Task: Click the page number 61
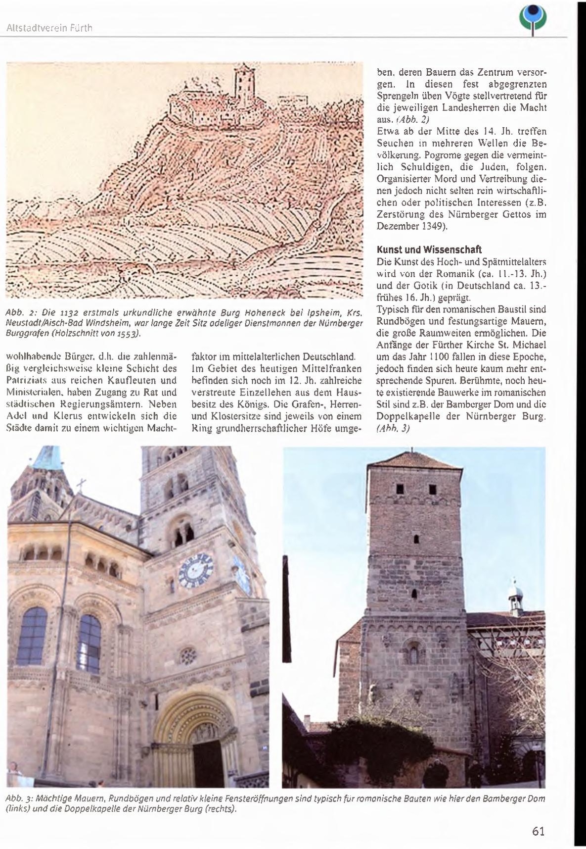(538, 831)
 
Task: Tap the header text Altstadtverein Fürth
(49, 28)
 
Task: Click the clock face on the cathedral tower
(196, 571)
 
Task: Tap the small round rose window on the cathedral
(188, 656)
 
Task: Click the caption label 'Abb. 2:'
(19, 312)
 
